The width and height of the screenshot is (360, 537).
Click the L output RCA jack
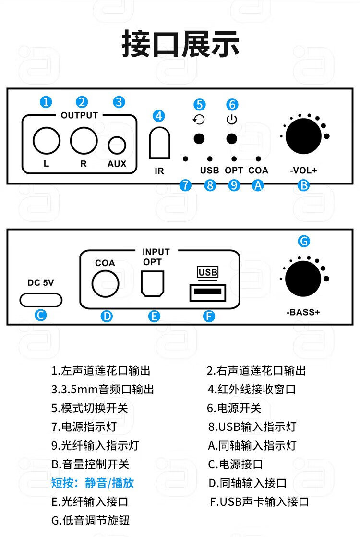(47, 140)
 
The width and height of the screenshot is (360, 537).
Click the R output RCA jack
(84, 140)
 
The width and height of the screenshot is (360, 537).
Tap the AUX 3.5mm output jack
(117, 145)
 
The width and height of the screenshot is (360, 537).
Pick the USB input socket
(208, 293)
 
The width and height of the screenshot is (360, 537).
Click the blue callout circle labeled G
(304, 241)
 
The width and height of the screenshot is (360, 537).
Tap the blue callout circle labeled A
(258, 185)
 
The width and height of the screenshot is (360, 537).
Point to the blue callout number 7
(186, 185)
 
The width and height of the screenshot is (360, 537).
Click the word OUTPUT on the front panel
(79, 115)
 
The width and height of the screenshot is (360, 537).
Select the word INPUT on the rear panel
(156, 252)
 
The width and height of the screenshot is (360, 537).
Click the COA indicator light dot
(259, 159)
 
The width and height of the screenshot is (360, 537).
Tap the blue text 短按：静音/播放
(93, 483)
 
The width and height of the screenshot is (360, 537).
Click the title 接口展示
(180, 44)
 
